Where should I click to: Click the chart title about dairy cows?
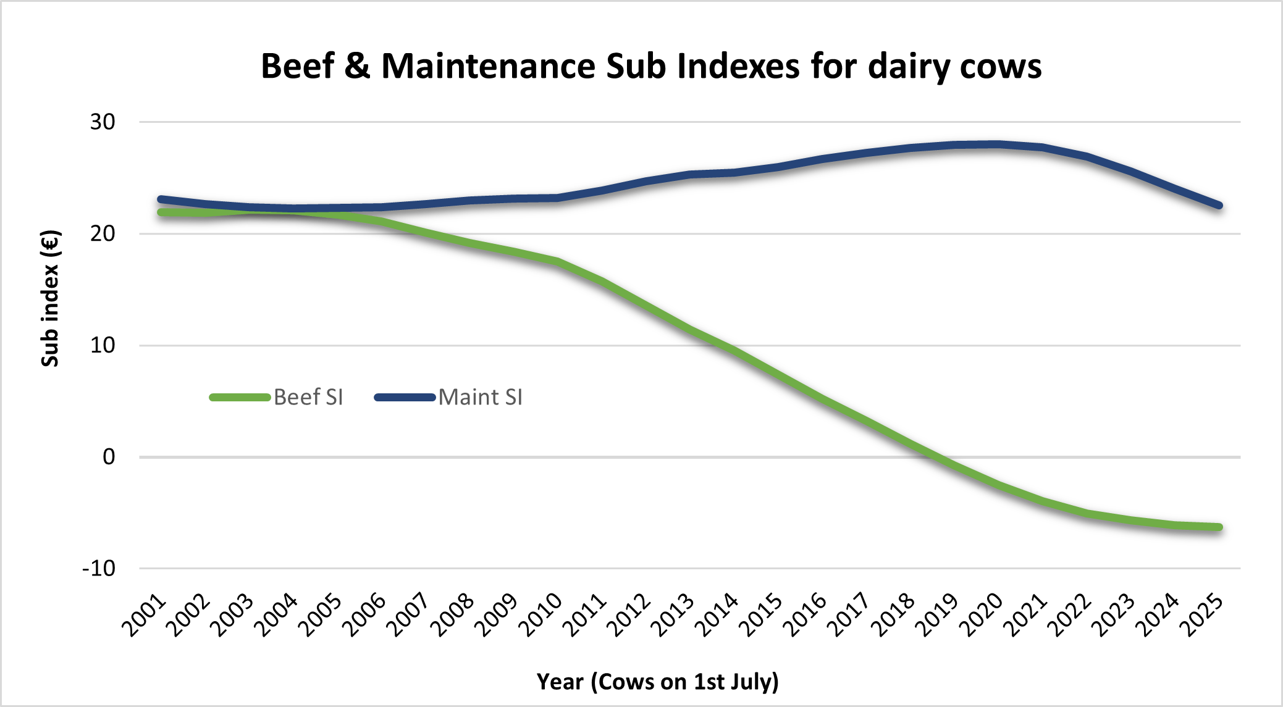click(651, 66)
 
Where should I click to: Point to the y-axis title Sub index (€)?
click(50, 299)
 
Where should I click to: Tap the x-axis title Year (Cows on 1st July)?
click(657, 682)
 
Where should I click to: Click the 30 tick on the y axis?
click(103, 122)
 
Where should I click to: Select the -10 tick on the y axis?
click(99, 568)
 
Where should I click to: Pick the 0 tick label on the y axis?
click(109, 457)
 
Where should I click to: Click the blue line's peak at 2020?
click(998, 144)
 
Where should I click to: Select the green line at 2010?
click(558, 262)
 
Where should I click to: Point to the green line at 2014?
click(734, 351)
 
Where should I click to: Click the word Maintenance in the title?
click(489, 66)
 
